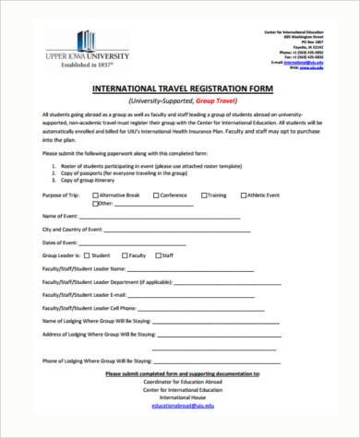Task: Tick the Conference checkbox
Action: click(153, 196)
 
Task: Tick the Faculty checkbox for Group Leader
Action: click(126, 255)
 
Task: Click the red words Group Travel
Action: click(210, 99)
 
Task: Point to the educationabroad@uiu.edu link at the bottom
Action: click(176, 405)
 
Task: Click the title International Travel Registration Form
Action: click(178, 88)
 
